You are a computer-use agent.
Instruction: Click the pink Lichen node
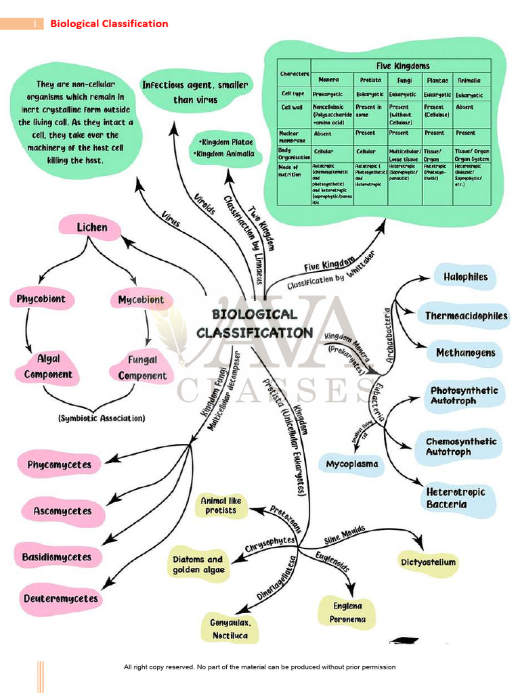click(x=91, y=227)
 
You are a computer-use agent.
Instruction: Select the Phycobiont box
click(x=41, y=299)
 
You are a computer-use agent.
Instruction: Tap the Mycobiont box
click(x=141, y=300)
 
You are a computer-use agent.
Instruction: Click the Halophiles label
click(x=465, y=277)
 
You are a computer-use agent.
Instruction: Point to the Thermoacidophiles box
click(x=466, y=316)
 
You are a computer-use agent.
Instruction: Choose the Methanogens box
click(x=465, y=353)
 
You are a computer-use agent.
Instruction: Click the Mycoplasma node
click(x=352, y=464)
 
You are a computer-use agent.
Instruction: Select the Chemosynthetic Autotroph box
click(x=460, y=447)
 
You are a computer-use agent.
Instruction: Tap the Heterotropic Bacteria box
click(x=456, y=498)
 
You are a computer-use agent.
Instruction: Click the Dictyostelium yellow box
click(x=428, y=562)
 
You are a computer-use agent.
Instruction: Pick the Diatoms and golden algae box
click(x=197, y=564)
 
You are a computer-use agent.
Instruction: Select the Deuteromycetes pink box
click(x=60, y=598)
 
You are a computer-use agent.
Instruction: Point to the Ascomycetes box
click(x=62, y=511)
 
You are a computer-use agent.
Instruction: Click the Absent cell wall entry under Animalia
click(x=465, y=107)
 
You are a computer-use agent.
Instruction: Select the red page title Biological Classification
click(x=109, y=24)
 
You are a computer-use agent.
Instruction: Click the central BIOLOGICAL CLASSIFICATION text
click(x=255, y=323)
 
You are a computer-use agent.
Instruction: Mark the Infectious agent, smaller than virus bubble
click(x=195, y=92)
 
